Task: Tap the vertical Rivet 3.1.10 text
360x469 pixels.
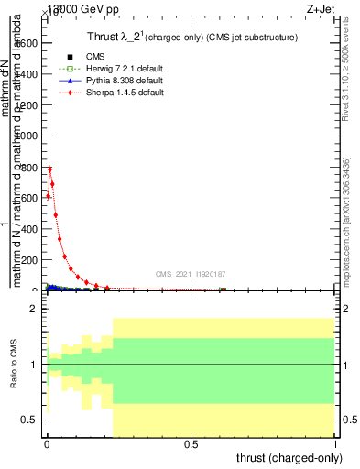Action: coord(345,73)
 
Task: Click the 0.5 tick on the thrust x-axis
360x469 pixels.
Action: coord(191,444)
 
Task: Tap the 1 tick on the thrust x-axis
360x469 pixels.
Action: coord(335,444)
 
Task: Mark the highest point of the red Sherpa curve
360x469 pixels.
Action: coord(50,168)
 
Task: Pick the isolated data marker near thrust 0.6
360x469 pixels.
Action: coord(224,290)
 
